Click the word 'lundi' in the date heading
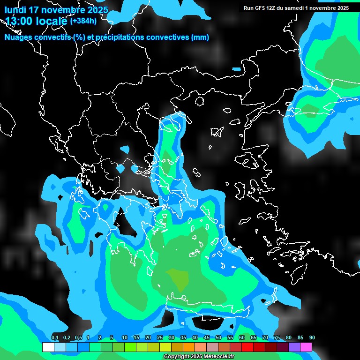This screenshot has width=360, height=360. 15,10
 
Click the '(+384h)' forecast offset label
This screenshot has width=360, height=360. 83,21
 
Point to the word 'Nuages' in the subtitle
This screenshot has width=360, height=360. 19,37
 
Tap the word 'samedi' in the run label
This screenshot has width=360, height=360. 294,8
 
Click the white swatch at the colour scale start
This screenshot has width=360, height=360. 48,347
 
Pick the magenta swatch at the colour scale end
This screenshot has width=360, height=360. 306,347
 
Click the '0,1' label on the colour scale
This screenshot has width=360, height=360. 55,338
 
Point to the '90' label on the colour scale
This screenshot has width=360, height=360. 312,338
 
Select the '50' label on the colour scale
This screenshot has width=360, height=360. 218,338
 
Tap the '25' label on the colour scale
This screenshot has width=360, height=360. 160,338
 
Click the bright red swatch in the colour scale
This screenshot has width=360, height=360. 247,347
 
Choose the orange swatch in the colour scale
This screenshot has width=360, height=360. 189,347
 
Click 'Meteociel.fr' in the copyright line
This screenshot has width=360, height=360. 218,357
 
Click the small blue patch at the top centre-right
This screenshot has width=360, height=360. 236,69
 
